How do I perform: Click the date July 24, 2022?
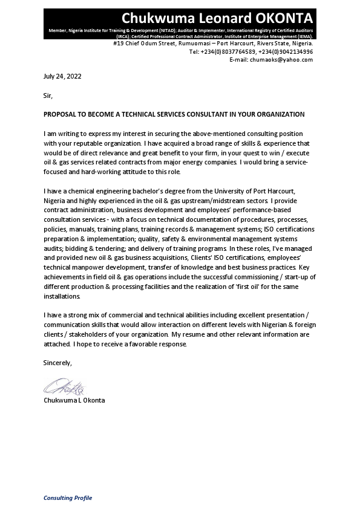(x=62, y=77)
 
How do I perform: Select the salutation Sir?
(x=48, y=96)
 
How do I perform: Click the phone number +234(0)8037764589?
(x=235, y=52)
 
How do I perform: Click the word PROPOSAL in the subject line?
(x=60, y=114)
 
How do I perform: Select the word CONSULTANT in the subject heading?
(x=194, y=114)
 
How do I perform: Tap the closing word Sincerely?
(x=57, y=363)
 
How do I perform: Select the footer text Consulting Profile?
(x=68, y=498)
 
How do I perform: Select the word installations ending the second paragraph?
(x=62, y=296)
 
